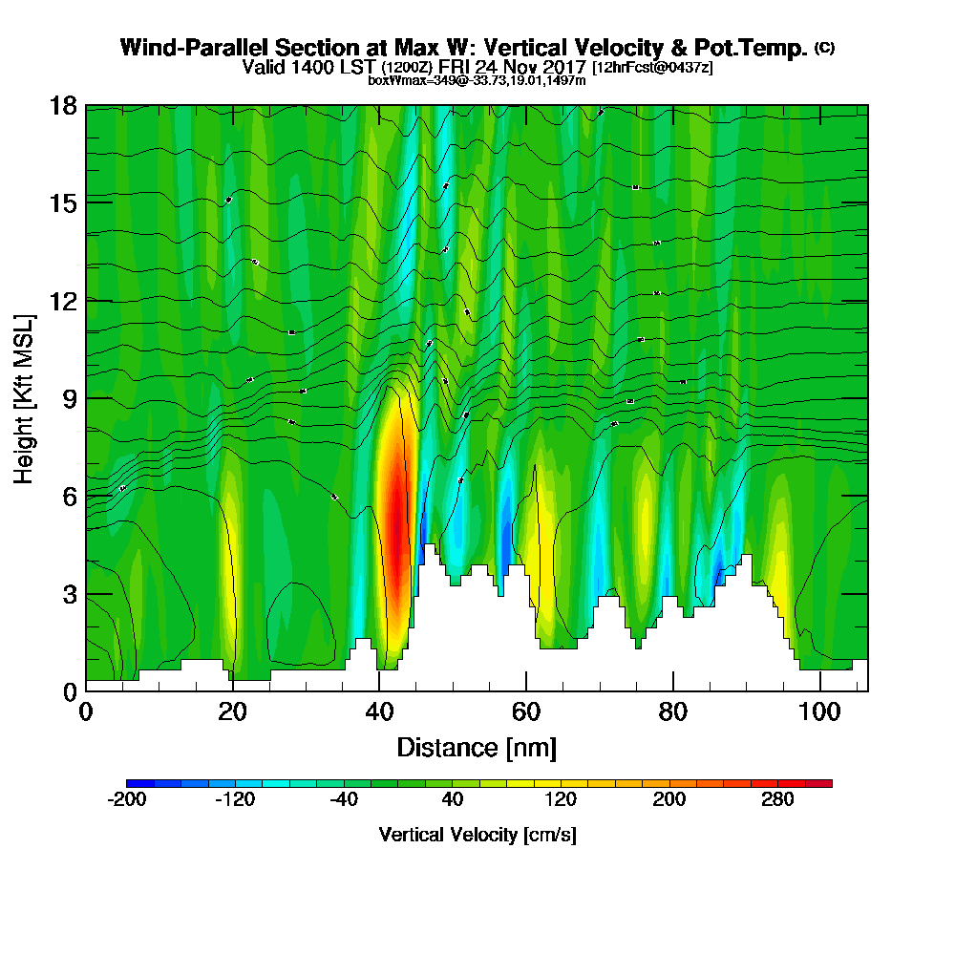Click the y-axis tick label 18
(64, 105)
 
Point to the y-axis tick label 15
(64, 202)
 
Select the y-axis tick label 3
(70, 593)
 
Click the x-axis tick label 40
(379, 711)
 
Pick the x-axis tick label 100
(818, 711)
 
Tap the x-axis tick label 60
(526, 711)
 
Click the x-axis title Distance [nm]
(477, 747)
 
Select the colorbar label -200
(126, 800)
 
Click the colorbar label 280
(777, 800)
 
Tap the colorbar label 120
(561, 800)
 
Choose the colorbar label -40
(343, 800)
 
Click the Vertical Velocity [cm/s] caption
(477, 835)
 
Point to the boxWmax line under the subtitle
(477, 80)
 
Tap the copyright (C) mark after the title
(825, 48)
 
